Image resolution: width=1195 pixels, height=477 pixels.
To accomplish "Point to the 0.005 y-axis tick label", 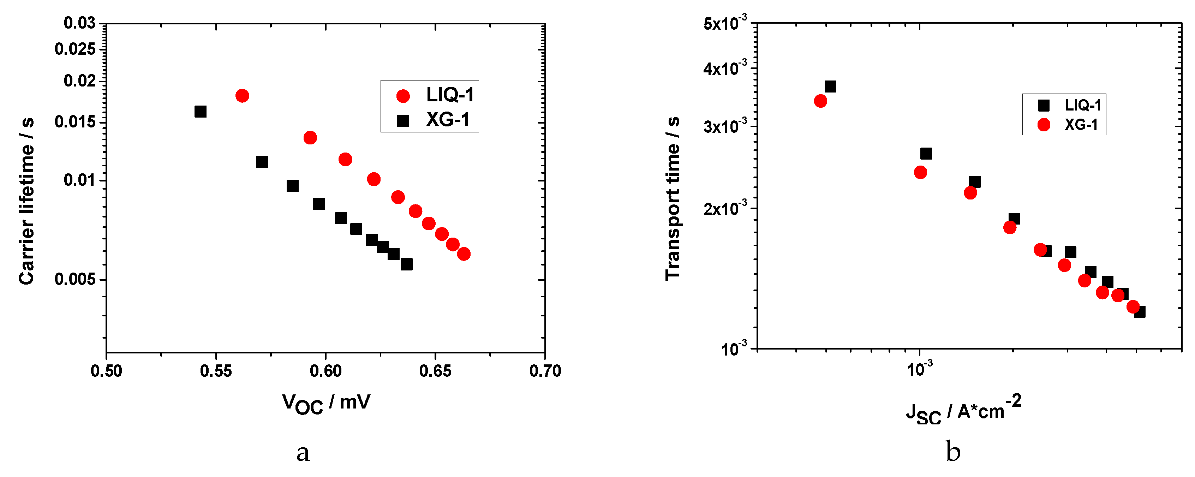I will coord(75,279).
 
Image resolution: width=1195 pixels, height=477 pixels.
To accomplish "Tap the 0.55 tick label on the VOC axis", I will coord(216,371).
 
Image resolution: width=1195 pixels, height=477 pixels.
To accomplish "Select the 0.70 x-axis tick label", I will coord(545,371).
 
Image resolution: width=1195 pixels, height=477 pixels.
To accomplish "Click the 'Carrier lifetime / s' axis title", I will coord(27,201).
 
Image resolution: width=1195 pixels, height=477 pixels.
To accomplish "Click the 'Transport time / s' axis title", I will coord(673,198).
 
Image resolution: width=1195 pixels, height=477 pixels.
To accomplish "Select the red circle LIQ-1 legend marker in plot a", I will coord(403,96).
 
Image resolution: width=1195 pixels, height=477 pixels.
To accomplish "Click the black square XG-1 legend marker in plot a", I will coord(403,121).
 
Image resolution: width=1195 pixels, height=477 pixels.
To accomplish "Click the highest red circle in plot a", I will coord(242,96).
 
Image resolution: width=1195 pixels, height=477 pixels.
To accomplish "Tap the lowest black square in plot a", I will coord(406,264).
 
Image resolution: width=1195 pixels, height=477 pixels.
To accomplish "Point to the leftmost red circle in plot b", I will coord(820,101).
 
